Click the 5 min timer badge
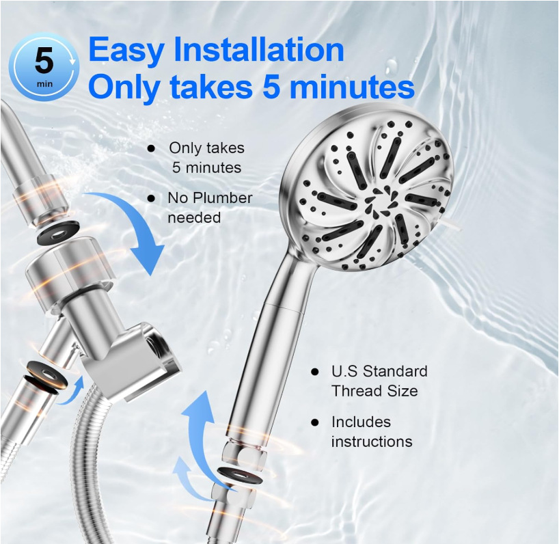44,67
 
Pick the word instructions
372,442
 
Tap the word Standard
395,372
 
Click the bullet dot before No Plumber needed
151,198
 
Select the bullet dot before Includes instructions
314,422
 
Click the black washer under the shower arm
58,234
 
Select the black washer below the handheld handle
240,476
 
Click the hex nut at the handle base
244,456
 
